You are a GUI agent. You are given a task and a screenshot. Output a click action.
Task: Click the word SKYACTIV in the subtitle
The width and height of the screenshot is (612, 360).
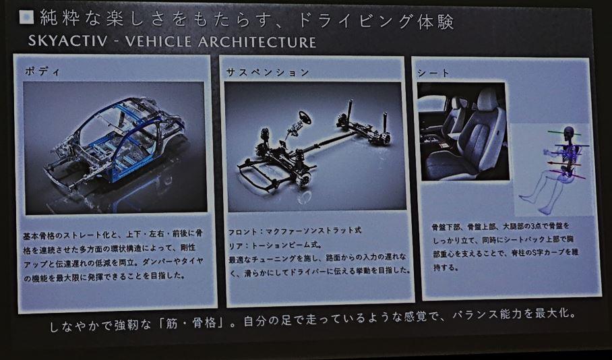tap(67, 41)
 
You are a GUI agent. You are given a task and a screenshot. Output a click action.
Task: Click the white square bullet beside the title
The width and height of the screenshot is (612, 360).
tap(26, 17)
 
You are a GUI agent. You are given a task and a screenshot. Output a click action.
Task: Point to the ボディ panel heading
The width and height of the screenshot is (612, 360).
tap(42, 71)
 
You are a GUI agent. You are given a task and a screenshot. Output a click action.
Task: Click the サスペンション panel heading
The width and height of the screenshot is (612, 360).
tap(268, 72)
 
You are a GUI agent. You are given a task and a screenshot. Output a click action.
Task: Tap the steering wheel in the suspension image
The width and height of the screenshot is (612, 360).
tap(305, 117)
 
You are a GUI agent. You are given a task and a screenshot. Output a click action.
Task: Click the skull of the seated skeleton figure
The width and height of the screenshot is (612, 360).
tap(569, 132)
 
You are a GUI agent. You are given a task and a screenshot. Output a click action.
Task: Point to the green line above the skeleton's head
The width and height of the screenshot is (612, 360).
tap(564, 133)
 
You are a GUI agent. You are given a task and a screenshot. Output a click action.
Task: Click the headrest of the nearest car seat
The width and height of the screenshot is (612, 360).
tap(487, 99)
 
